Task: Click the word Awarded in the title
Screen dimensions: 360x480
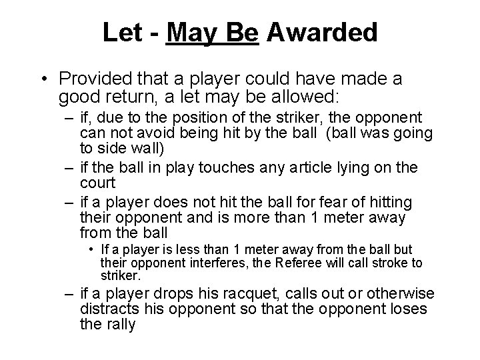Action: click(323, 31)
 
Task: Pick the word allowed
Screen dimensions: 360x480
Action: click(307, 98)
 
